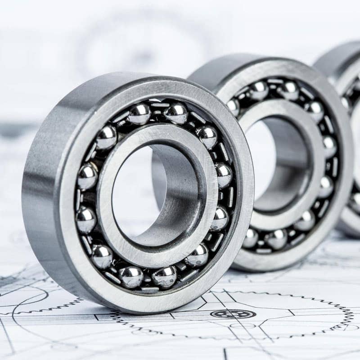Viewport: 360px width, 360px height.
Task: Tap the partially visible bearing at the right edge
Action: pos(349,135)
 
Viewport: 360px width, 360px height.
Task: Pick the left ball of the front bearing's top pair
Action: pos(139,114)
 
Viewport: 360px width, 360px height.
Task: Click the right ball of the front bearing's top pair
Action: pos(176,112)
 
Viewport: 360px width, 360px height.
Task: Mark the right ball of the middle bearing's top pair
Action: pos(288,90)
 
